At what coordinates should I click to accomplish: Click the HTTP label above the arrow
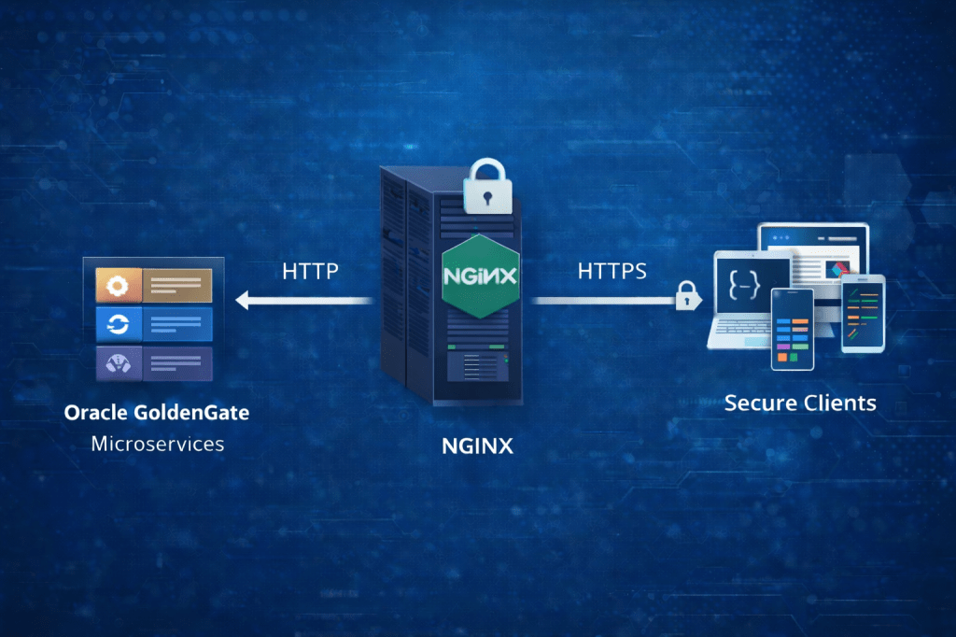[310, 272]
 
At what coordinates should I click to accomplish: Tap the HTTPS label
[612, 272]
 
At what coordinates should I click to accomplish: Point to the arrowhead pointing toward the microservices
[244, 301]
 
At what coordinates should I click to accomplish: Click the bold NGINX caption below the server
[477, 446]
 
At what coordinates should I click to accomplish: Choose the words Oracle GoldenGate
[157, 411]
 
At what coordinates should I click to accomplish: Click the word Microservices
[158, 443]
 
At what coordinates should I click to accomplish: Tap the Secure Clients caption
[800, 403]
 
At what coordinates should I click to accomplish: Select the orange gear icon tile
[119, 284]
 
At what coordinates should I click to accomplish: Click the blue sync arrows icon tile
[119, 323]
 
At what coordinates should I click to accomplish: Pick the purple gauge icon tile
[119, 361]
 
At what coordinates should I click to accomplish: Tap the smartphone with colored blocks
[793, 328]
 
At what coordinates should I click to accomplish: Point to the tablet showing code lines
[862, 313]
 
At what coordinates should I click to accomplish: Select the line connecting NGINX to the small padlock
[602, 301]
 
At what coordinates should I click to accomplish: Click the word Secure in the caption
[761, 403]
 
